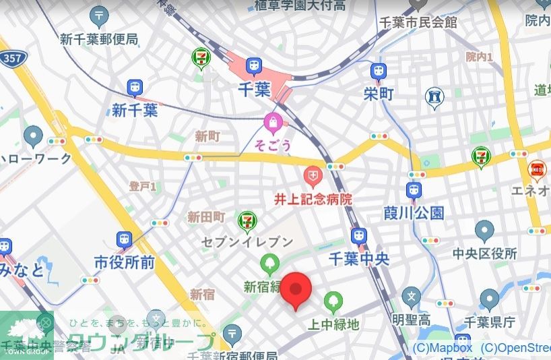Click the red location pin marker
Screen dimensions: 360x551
tap(295, 290)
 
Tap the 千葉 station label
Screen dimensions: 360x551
tap(255, 89)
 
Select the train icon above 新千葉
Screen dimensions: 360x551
tap(135, 88)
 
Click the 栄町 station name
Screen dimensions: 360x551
tap(379, 94)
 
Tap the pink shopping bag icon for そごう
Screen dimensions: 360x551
tap(272, 123)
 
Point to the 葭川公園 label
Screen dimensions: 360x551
tap(414, 213)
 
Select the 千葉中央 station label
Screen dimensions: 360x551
tap(359, 259)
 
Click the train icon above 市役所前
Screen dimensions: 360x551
tap(124, 239)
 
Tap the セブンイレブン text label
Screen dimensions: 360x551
tap(247, 241)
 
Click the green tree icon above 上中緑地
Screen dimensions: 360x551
tap(333, 301)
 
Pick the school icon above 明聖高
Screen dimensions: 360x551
tap(412, 296)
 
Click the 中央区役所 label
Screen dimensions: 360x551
tap(484, 253)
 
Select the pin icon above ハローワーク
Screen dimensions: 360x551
tap(33, 136)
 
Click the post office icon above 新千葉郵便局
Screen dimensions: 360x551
tap(100, 15)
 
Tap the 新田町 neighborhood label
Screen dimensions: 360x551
tap(205, 217)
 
